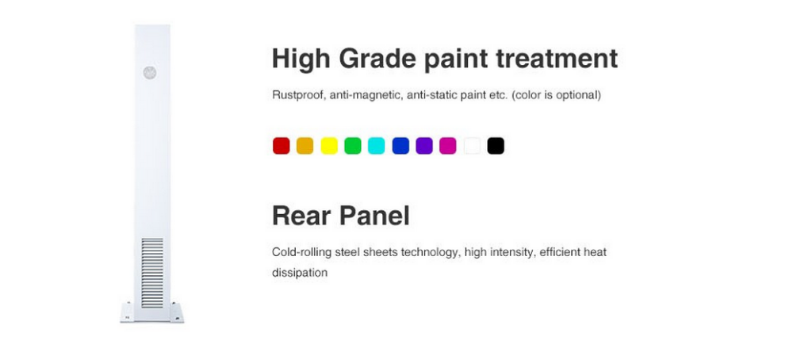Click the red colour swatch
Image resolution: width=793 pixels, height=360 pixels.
[x=282, y=146]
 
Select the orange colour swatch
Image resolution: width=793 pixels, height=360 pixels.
[x=305, y=146]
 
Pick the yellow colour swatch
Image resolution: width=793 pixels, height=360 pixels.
[x=329, y=146]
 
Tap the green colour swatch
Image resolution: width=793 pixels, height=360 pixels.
[x=353, y=146]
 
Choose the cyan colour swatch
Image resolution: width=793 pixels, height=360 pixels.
[x=376, y=146]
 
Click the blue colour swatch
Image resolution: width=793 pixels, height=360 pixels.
[x=400, y=146]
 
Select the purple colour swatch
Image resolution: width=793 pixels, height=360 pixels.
[x=424, y=146]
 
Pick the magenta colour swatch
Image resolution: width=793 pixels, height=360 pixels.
[x=448, y=146]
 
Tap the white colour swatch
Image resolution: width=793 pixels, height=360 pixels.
[x=472, y=146]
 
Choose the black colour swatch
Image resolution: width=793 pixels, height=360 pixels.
[x=496, y=146]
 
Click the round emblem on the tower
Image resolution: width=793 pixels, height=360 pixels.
[x=149, y=73]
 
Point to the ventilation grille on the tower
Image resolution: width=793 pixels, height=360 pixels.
[x=152, y=273]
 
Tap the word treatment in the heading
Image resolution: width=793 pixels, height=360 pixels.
[x=557, y=59]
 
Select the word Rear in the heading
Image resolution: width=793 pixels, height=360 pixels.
[x=301, y=216]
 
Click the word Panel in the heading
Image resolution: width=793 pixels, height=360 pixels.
[x=375, y=216]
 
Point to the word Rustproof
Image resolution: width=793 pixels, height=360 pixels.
[x=298, y=95]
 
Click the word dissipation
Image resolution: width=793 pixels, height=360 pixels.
[x=300, y=273]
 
